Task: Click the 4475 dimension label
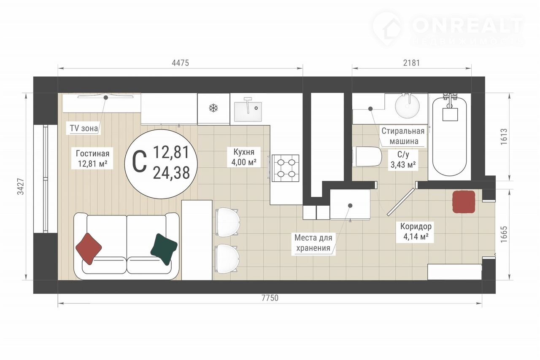click(180, 63)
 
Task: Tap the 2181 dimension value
click(411, 63)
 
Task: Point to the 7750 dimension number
click(270, 298)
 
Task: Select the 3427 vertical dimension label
click(21, 186)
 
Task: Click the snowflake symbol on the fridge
click(213, 108)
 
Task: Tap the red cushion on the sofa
click(89, 249)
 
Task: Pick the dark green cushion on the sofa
click(164, 249)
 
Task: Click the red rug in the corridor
click(464, 202)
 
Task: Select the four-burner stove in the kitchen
click(286, 168)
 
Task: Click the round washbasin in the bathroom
click(408, 106)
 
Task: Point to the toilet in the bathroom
click(367, 157)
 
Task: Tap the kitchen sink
click(248, 112)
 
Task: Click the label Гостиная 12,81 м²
click(92, 159)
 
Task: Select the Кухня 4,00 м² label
click(244, 157)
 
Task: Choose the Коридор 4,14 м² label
click(416, 231)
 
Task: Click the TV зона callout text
click(84, 128)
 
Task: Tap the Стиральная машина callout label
click(403, 136)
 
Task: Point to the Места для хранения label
click(313, 243)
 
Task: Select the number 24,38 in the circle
click(171, 173)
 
